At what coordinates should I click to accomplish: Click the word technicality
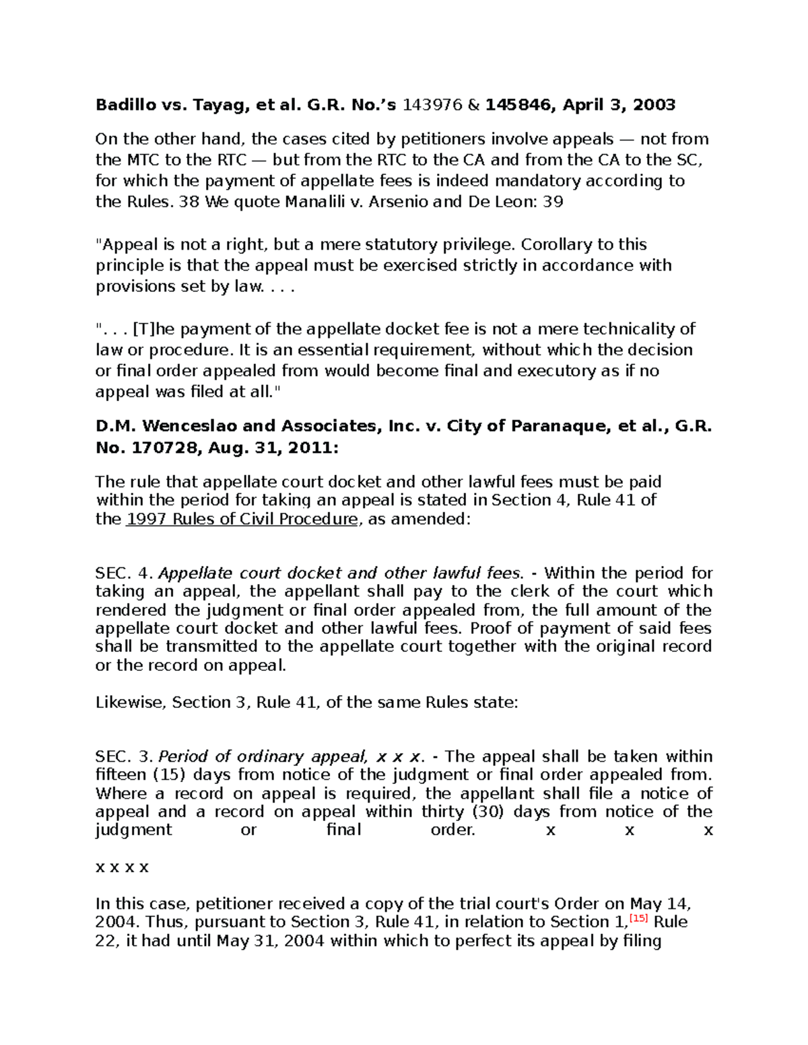tap(630, 329)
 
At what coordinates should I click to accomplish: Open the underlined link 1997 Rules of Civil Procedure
tap(241, 519)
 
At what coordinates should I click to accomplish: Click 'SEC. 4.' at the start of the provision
tap(125, 573)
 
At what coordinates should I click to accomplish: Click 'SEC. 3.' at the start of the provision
tap(125, 756)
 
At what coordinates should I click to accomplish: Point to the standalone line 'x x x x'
tap(122, 867)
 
